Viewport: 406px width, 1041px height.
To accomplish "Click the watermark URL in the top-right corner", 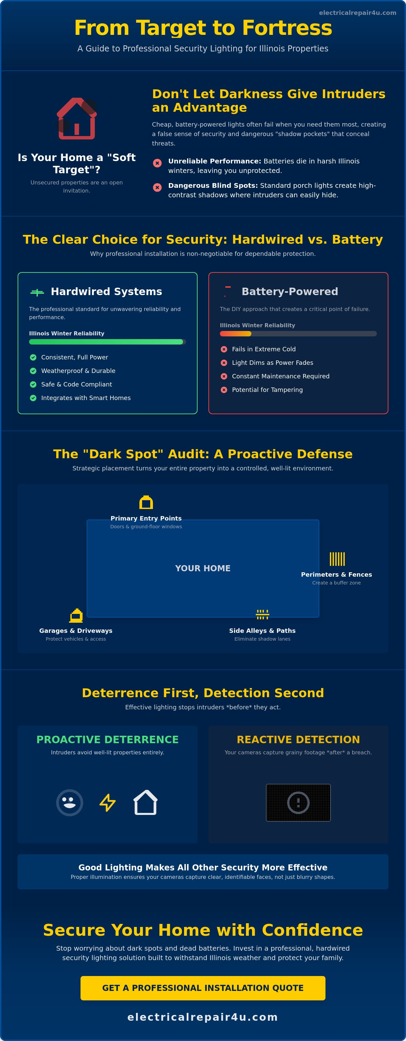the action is pos(358,13).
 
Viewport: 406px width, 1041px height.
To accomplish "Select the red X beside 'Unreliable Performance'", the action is pos(157,163).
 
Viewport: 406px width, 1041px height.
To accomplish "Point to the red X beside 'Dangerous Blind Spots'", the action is pos(157,187).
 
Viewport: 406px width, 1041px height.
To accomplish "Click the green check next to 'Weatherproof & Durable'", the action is pos(33,371).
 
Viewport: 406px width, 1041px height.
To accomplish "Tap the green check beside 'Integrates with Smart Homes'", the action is pos(33,398).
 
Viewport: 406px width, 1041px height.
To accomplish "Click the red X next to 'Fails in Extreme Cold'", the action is pos(224,349).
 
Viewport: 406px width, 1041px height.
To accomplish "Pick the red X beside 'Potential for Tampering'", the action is pos(224,390).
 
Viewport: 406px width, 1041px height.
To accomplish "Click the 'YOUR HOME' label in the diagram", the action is pos(203,568).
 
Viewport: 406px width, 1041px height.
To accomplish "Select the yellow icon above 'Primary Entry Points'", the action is pos(146,502).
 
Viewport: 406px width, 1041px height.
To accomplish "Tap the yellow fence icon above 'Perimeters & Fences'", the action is pos(337,559).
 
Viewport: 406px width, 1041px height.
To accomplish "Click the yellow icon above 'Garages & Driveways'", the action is pos(76,616).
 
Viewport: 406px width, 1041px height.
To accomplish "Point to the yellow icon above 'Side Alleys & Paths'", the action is pos(263,615).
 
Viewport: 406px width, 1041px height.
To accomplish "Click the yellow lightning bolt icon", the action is pos(108,802).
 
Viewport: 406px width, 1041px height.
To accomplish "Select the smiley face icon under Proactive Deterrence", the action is pos(69,802).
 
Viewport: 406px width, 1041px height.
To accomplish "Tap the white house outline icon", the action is pos(145,802).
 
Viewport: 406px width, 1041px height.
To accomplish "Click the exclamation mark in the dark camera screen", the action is pos(298,802).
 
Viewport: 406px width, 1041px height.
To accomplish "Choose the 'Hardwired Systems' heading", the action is pos(107,291).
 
